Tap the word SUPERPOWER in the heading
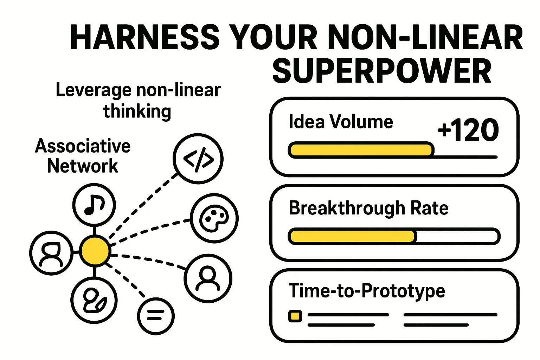click(382, 71)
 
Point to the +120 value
click(468, 130)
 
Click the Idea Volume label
click(341, 122)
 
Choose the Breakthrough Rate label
click(368, 208)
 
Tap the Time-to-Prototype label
click(367, 291)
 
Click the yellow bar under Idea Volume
click(360, 150)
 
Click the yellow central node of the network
click(95, 251)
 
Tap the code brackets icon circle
click(198, 159)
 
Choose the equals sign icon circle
click(156, 315)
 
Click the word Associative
click(83, 146)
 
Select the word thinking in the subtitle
click(137, 111)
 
